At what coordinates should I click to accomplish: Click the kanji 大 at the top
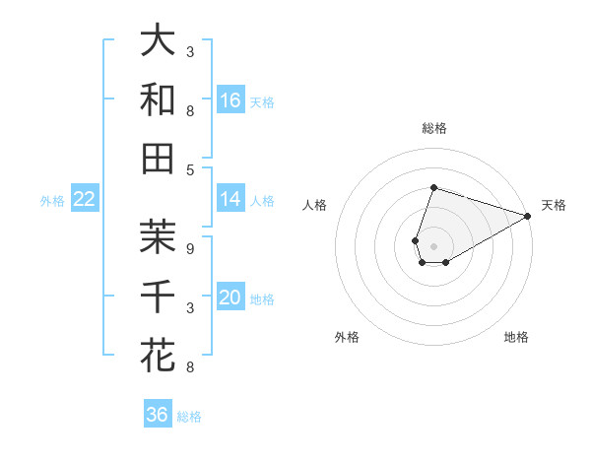(158, 41)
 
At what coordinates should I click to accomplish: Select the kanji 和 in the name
(158, 99)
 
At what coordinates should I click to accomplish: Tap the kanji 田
(158, 158)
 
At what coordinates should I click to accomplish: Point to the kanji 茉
(158, 236)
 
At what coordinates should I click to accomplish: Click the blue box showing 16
(230, 100)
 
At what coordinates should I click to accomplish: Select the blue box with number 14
(230, 199)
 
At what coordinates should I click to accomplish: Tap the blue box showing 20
(230, 298)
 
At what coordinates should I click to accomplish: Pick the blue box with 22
(85, 200)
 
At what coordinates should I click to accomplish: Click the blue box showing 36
(157, 415)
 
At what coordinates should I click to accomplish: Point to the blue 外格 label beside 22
(52, 201)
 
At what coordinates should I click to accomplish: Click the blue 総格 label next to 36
(189, 417)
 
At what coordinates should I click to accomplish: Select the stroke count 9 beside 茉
(189, 249)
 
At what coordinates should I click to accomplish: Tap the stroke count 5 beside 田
(189, 169)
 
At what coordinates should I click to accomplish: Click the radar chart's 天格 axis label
(554, 205)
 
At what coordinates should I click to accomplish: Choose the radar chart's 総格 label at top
(433, 128)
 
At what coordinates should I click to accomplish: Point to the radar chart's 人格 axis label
(315, 205)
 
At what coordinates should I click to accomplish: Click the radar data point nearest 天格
(529, 216)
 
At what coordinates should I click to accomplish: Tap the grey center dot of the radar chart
(433, 244)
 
